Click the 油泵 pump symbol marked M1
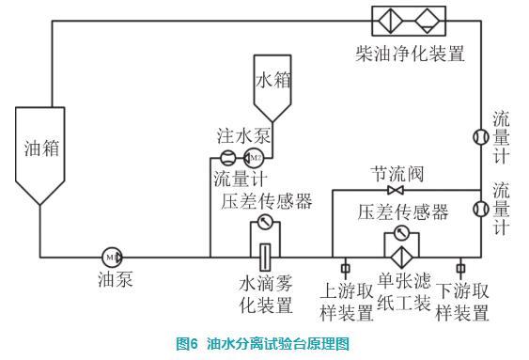click(x=112, y=258)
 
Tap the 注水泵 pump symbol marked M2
click(x=253, y=158)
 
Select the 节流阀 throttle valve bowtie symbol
click(x=395, y=190)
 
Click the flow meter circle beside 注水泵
click(x=228, y=158)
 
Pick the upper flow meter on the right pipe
click(x=481, y=137)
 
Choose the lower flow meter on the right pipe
click(x=481, y=209)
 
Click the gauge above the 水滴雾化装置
click(x=265, y=223)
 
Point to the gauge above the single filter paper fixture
click(x=401, y=232)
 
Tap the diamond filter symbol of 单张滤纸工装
click(x=402, y=258)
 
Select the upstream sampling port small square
click(x=345, y=269)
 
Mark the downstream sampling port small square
click(x=460, y=269)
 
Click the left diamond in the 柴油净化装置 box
click(x=391, y=21)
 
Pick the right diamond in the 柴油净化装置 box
click(x=428, y=21)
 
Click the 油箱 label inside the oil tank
click(x=41, y=149)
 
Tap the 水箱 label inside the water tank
click(x=272, y=80)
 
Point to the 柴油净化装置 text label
click(x=410, y=54)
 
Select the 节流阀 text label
click(x=397, y=174)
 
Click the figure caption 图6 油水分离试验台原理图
click(x=262, y=343)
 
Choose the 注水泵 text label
click(x=243, y=136)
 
